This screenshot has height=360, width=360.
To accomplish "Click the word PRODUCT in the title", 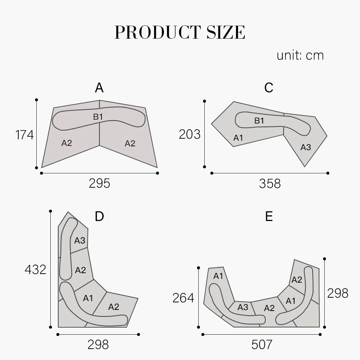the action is pos(158,32).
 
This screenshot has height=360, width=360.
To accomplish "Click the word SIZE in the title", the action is pos(226,32).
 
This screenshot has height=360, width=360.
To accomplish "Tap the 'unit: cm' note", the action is pos(300,56).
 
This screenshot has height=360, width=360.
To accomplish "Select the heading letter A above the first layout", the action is pos(99,88).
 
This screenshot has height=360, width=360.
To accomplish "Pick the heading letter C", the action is pos(269,88).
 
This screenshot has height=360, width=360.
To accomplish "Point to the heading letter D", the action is pos(99,216).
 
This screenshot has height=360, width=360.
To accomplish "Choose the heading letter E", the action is pos(269,216).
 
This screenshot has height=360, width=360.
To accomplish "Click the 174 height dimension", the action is pos(25,135).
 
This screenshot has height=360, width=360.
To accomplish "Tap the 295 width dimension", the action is pos(99,183).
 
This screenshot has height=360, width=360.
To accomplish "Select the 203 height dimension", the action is pos(190,134).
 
